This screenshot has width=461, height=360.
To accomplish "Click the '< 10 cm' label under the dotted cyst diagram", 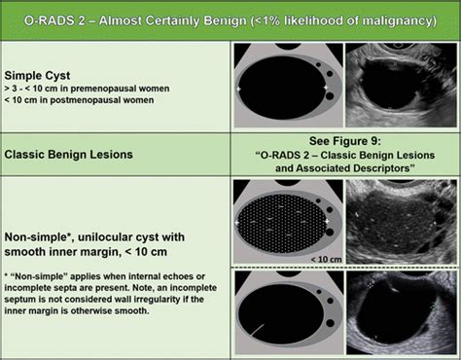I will coord(325,259).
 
